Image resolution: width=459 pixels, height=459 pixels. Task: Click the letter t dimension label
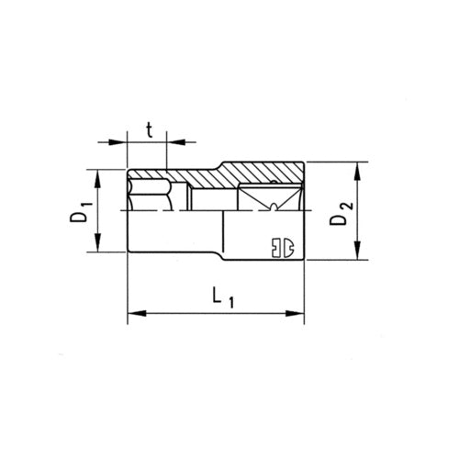coord(149,129)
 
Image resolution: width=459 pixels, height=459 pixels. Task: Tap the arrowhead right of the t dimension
coord(176,142)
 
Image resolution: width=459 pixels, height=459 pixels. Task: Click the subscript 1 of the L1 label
coord(230,302)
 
